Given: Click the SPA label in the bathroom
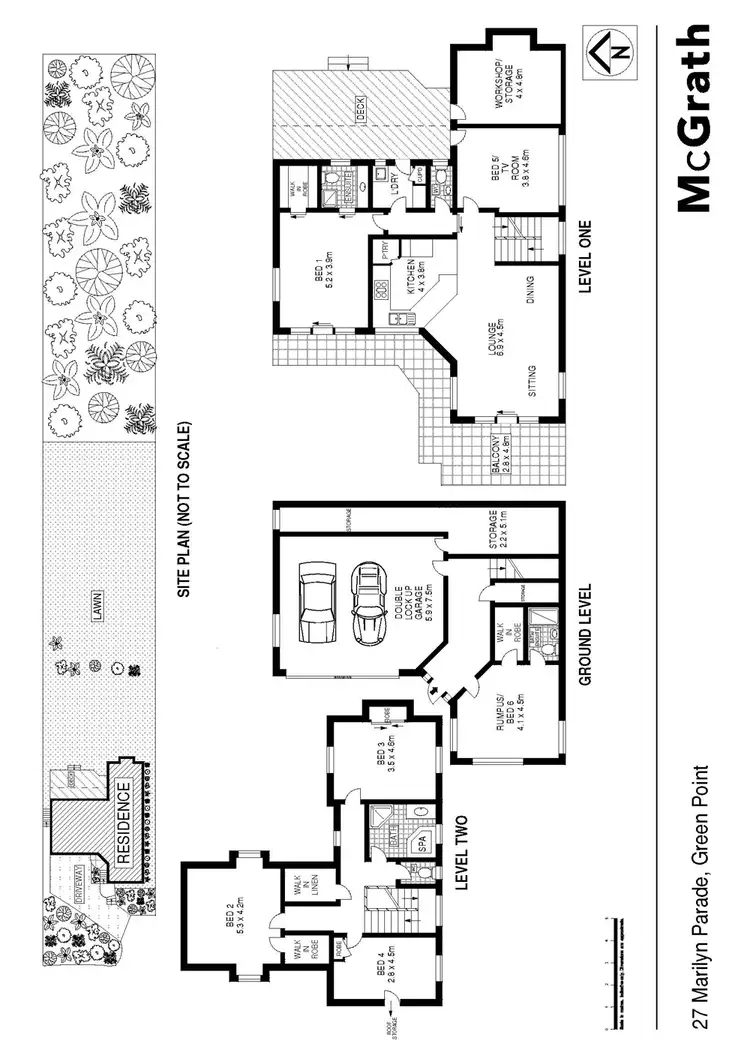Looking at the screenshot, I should click(422, 842).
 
